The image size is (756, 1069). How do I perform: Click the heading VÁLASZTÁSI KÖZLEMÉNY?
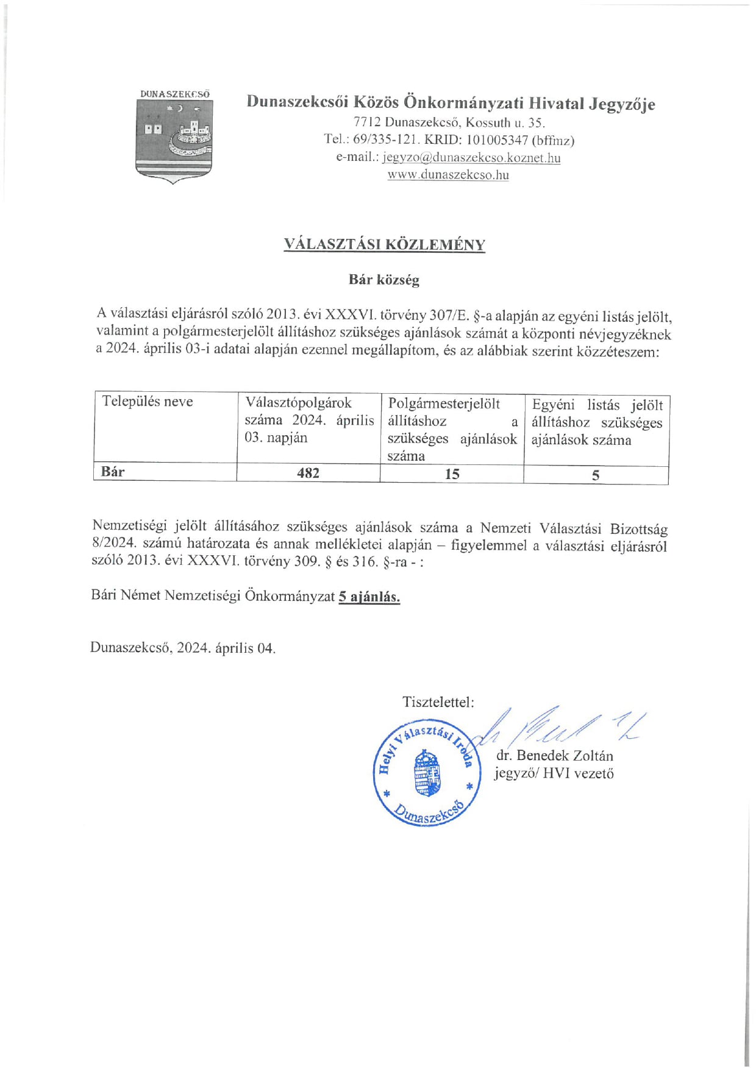point(384,244)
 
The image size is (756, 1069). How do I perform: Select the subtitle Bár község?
point(383,280)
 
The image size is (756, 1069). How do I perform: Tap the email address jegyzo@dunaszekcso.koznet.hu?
point(471,158)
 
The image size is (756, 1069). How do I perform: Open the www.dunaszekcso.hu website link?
point(448,175)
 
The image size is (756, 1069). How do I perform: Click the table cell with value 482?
point(308,473)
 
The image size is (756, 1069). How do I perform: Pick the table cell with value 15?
point(452,474)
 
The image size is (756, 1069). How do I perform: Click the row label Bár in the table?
point(113,472)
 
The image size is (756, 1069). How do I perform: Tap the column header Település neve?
point(148,402)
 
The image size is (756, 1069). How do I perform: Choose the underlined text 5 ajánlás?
point(369,597)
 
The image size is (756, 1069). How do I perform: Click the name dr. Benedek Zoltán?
point(554,756)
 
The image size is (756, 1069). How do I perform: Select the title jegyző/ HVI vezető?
point(554,773)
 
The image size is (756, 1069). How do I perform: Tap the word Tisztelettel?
point(438,702)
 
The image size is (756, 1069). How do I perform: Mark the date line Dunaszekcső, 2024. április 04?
point(183,648)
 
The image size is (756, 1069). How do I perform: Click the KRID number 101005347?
point(497,140)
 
